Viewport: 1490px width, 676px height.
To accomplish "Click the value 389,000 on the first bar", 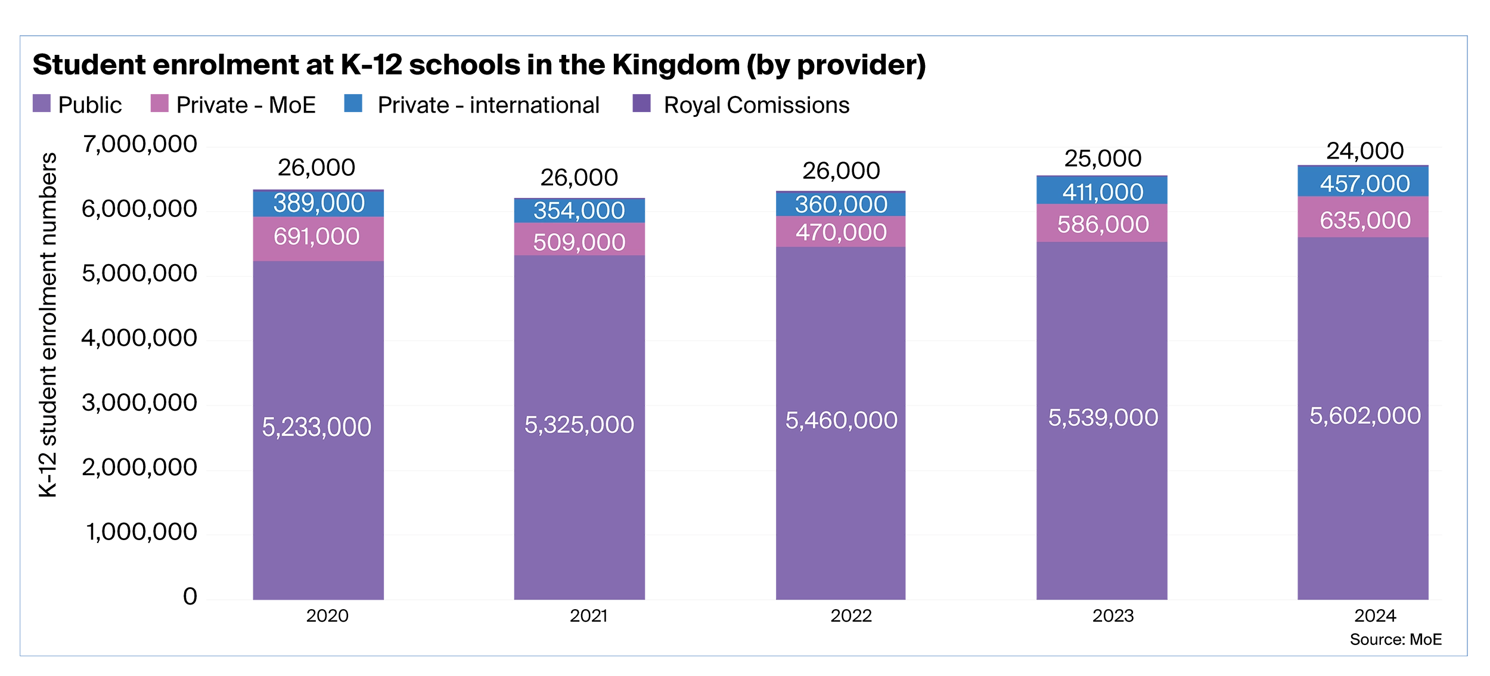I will [x=319, y=203].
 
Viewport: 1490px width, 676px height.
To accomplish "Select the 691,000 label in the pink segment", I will [x=316, y=237].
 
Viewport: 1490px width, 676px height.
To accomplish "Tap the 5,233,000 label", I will [x=316, y=427].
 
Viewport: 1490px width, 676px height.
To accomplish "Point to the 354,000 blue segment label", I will [x=579, y=210].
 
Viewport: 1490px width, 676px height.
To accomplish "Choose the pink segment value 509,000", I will [x=579, y=242].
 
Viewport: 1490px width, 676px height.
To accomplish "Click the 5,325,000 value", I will [x=579, y=424].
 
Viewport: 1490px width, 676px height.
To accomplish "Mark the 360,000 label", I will [x=841, y=204].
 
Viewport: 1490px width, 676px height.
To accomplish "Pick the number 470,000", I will [x=841, y=232].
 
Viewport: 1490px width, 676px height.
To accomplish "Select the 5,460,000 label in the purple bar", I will [x=841, y=420].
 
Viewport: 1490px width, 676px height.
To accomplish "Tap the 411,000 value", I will [x=1103, y=192].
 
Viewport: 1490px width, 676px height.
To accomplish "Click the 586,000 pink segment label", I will [x=1103, y=225].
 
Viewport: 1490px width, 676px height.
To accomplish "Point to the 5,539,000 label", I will [x=1103, y=417].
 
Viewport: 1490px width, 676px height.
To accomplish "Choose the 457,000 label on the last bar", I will [x=1365, y=184].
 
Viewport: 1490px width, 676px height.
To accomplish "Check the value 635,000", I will [x=1365, y=221].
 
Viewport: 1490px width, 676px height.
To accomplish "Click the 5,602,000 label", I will [x=1365, y=415].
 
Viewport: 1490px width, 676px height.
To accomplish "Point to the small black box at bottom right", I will [x=1406, y=639].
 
